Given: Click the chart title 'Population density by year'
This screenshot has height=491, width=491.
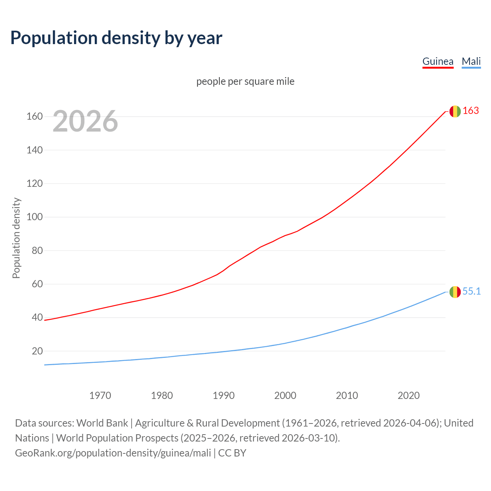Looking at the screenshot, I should point(116,38).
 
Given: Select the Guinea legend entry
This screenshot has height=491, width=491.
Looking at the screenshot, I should point(438,61).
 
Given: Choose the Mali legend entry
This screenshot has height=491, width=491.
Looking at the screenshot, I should point(471,61).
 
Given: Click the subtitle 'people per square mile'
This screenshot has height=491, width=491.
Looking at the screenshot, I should point(245,82).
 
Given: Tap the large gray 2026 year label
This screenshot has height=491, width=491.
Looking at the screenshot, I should point(85,121).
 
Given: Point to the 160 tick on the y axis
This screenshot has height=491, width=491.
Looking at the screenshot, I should point(35,116).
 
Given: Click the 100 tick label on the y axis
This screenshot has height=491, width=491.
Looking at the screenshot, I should point(35,217).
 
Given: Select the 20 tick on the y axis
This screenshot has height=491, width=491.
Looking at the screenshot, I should point(37,351).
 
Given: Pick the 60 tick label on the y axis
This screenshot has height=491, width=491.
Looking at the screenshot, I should point(37,284).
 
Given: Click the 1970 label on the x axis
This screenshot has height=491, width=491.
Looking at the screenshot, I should point(100,395).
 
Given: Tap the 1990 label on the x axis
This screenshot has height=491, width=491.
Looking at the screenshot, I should point(224,395).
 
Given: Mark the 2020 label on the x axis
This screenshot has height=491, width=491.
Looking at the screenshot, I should point(409,395).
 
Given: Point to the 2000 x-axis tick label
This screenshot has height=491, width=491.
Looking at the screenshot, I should point(285,395).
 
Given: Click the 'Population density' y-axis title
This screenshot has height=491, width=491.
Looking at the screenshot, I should point(16,238).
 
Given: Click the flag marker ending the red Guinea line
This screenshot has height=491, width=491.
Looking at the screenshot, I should point(455,111).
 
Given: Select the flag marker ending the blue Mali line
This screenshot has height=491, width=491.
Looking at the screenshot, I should point(455,292).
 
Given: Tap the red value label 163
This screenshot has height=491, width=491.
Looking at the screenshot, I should point(471,111).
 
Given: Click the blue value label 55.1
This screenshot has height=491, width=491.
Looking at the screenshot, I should point(471,292).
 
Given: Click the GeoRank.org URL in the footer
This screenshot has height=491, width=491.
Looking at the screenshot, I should point(113,453).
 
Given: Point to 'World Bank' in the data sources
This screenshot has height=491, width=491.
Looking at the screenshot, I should point(102,423).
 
